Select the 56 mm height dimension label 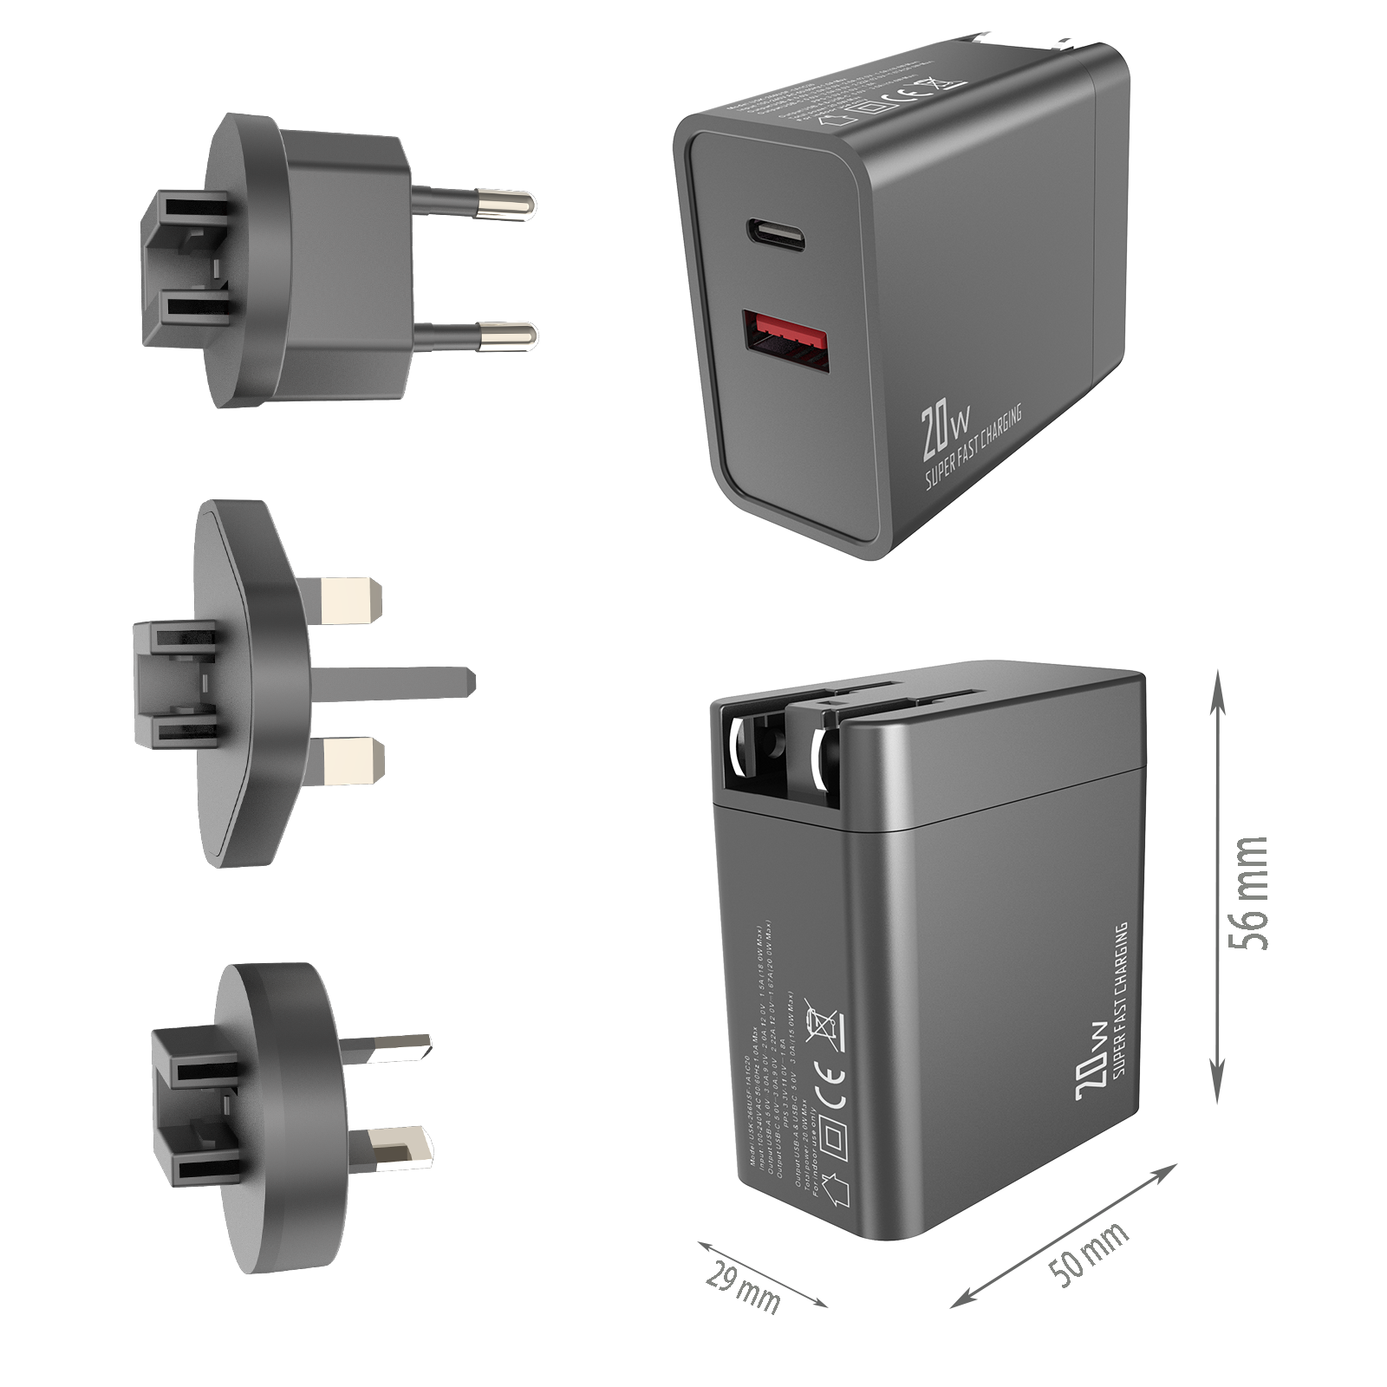(x=1247, y=893)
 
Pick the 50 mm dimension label (x=1087, y=1254)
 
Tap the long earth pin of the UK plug (x=399, y=681)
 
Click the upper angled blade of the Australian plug (x=394, y=1050)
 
